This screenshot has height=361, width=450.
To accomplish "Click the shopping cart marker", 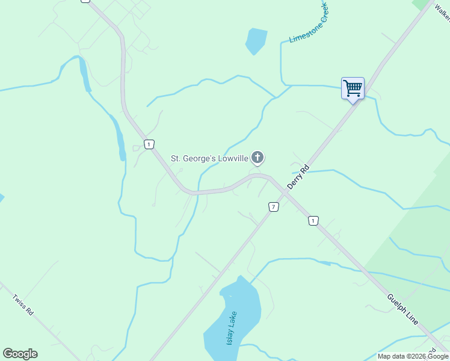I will [x=353, y=88].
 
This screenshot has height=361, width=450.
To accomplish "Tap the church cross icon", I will [x=257, y=158].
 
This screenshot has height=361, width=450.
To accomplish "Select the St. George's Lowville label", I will [x=210, y=159].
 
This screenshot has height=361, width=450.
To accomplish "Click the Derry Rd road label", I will [x=298, y=176].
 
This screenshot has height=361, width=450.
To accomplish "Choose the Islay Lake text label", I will [x=232, y=329].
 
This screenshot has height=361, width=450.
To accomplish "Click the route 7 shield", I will [x=274, y=206].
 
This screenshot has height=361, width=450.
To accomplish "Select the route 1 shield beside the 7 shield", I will [x=313, y=221].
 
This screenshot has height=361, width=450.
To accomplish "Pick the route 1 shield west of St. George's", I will [x=149, y=144].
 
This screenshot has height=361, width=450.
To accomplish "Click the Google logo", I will [x=20, y=354].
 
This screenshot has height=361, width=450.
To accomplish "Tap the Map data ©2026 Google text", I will [x=413, y=356].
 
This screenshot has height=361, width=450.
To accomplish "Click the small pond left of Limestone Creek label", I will [x=256, y=41].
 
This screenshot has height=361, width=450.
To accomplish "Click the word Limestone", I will [x=301, y=31].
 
